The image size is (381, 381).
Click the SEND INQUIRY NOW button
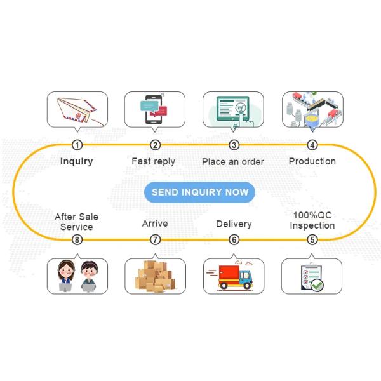199,192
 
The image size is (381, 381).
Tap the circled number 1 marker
77,145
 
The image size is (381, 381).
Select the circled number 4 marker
312,145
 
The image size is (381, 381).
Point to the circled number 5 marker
312,239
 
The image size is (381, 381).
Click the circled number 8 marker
77,239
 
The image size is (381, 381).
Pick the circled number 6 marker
234,239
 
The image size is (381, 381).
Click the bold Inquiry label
77,161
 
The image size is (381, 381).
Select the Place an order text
233,162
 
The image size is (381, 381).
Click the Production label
312,161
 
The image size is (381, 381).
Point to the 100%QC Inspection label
312,220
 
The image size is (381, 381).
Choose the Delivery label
234,224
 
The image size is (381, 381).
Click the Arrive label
155,224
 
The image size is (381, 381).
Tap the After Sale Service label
77,222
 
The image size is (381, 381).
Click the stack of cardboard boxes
155,277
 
